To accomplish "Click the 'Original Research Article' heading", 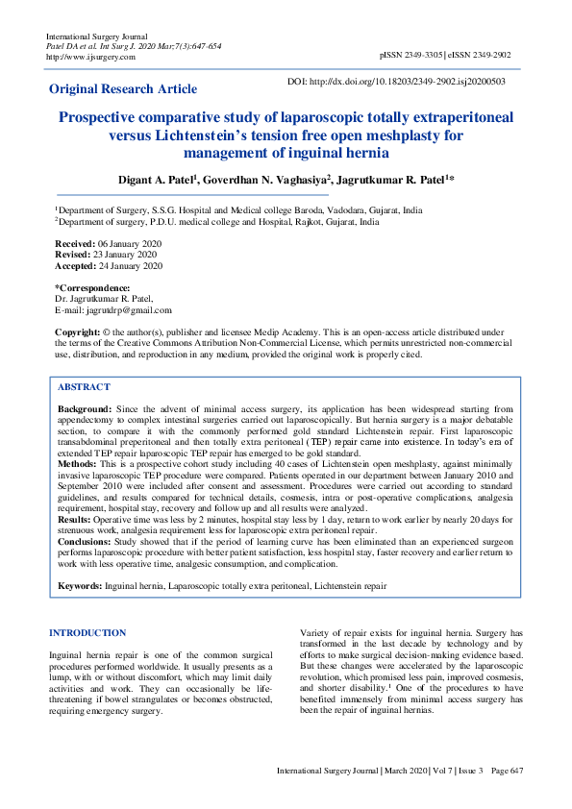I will [x=123, y=88].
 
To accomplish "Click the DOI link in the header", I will [x=396, y=82].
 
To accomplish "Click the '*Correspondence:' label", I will [x=92, y=288].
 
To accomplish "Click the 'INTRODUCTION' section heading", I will [x=87, y=632].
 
